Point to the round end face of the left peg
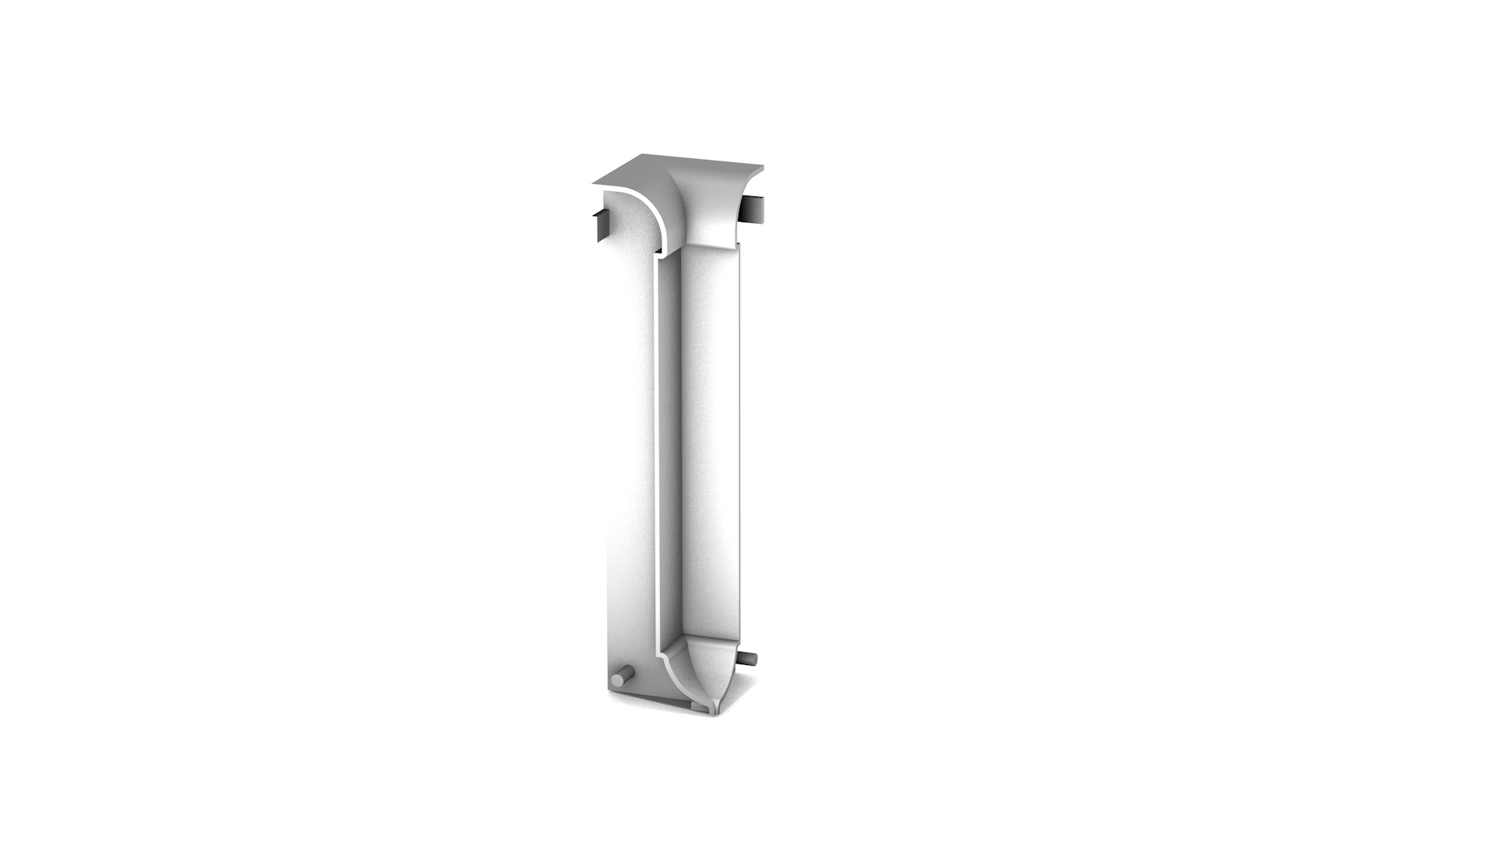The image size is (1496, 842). click(617, 680)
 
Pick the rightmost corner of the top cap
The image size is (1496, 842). click(763, 166)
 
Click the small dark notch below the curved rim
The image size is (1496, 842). click(658, 251)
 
